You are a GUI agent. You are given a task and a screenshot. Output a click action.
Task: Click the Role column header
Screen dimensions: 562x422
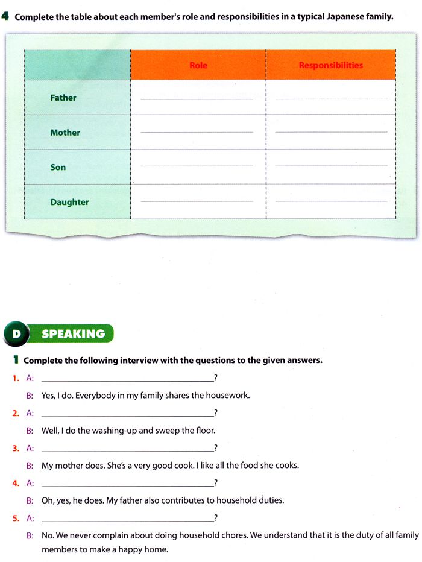pyautogui.click(x=198, y=65)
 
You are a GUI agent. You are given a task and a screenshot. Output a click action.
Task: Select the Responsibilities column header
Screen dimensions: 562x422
pyautogui.click(x=331, y=65)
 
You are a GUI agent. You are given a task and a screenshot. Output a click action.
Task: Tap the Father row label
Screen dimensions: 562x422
pyautogui.click(x=63, y=98)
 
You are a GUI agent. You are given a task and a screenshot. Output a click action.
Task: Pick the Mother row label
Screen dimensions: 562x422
pyautogui.click(x=65, y=133)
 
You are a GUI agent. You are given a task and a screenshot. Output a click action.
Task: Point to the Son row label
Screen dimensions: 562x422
pyautogui.click(x=58, y=167)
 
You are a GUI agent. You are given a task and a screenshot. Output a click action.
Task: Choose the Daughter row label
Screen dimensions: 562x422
pyautogui.click(x=69, y=202)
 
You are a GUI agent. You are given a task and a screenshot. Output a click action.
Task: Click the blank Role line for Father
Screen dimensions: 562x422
pyautogui.click(x=197, y=98)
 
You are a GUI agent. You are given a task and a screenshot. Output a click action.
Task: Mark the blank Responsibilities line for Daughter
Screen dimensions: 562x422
pyautogui.click(x=331, y=201)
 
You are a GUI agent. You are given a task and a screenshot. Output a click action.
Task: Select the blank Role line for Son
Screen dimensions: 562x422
pyautogui.click(x=197, y=166)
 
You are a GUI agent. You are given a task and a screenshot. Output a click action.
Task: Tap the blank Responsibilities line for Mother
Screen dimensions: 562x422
pyautogui.click(x=331, y=131)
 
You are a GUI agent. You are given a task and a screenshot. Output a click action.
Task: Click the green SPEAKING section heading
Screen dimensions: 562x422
pyautogui.click(x=74, y=333)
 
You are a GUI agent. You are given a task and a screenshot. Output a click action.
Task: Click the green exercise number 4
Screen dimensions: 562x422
pyautogui.click(x=5, y=16)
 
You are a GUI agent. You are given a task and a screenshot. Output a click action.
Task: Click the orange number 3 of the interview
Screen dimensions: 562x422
pyautogui.click(x=15, y=448)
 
